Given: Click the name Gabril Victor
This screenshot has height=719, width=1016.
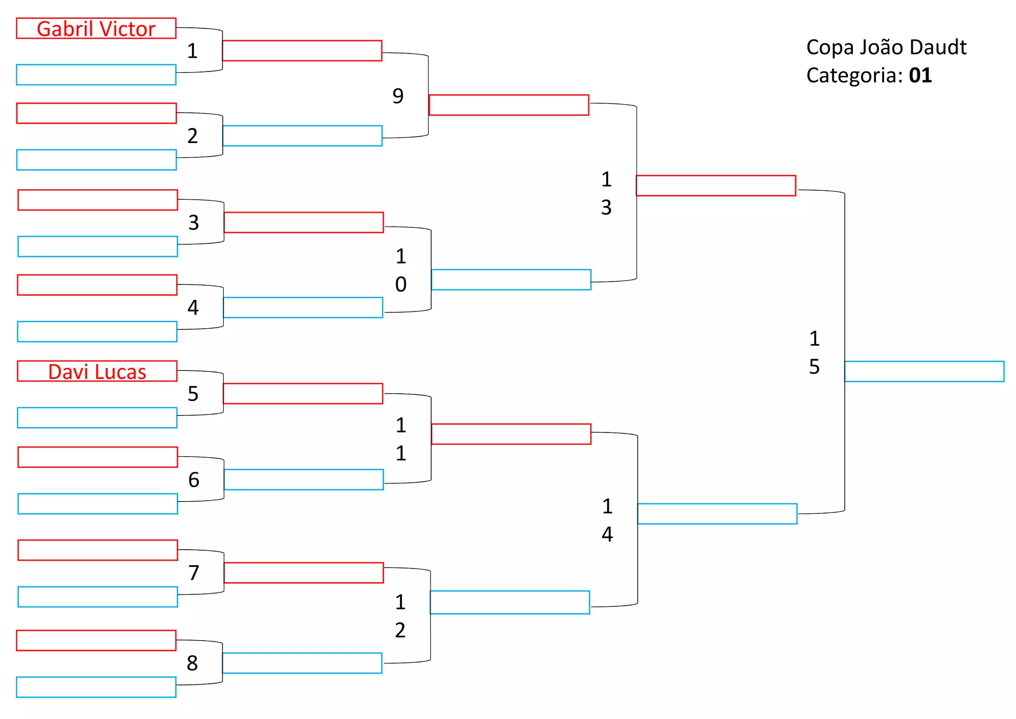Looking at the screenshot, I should point(96,29).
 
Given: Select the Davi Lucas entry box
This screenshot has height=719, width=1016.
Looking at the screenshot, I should point(97,371).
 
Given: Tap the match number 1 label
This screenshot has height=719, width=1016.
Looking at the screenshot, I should point(192,51).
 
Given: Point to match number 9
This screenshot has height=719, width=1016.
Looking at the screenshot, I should point(398,96).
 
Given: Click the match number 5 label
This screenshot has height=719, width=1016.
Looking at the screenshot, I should point(193,394).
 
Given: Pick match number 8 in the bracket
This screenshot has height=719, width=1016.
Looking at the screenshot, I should point(192,663).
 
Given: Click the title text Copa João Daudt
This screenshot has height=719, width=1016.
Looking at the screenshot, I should point(886,47).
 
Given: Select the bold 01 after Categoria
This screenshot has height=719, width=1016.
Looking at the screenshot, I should point(920,75).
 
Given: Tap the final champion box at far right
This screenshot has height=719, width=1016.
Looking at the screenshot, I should point(924,371).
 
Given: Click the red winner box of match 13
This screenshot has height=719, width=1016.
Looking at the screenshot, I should point(716,186).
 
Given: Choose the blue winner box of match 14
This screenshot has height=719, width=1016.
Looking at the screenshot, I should point(717,514).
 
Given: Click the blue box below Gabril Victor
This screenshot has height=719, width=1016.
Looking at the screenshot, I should point(96,75).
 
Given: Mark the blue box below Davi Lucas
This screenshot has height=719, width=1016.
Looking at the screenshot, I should point(97,418).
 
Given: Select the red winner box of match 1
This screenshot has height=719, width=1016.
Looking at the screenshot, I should point(302,51).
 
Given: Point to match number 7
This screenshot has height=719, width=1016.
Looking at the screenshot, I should point(193,573).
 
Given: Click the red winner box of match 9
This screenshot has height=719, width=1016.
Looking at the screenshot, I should point(509,105).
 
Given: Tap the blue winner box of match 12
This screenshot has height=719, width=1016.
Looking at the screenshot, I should point(510,602).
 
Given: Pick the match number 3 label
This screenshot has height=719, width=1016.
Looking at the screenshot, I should point(193,222).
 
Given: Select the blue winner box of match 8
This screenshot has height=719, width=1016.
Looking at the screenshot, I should point(302,663).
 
